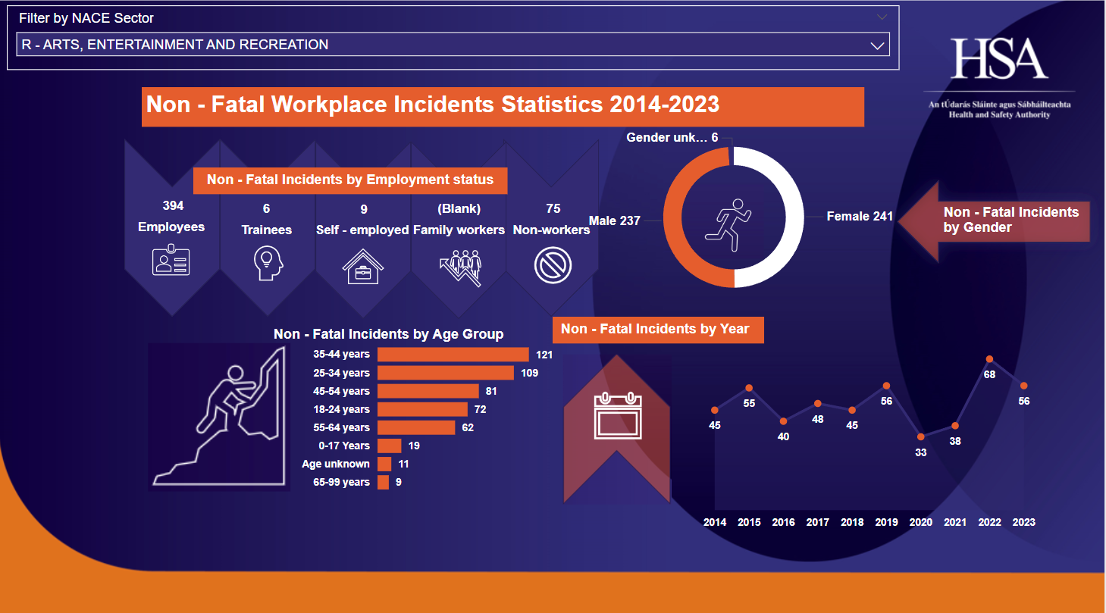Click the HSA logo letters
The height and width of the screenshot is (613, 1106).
point(999,59)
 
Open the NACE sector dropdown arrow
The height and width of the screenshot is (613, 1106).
point(878,45)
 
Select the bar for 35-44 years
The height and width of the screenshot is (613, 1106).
point(453,355)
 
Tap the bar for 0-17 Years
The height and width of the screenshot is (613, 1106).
point(390,446)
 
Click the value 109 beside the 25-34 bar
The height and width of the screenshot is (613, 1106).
point(529,373)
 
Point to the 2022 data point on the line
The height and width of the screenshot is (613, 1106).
point(989,359)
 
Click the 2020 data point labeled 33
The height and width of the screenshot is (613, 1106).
point(921,436)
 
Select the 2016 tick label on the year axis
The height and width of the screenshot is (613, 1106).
point(783,522)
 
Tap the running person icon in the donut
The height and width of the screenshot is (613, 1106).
point(728,224)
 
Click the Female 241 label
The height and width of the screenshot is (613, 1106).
point(860,217)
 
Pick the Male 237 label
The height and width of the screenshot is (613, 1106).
point(615,221)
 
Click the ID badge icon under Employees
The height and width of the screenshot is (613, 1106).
point(171,260)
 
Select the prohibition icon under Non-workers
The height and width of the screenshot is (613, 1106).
point(553,266)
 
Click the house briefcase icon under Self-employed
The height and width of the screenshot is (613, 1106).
point(362,266)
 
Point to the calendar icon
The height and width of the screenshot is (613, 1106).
point(618,416)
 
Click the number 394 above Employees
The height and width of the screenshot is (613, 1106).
point(173,206)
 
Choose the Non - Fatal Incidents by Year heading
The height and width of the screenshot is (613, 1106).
point(655,329)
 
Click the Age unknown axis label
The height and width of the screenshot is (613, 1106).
point(336,464)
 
